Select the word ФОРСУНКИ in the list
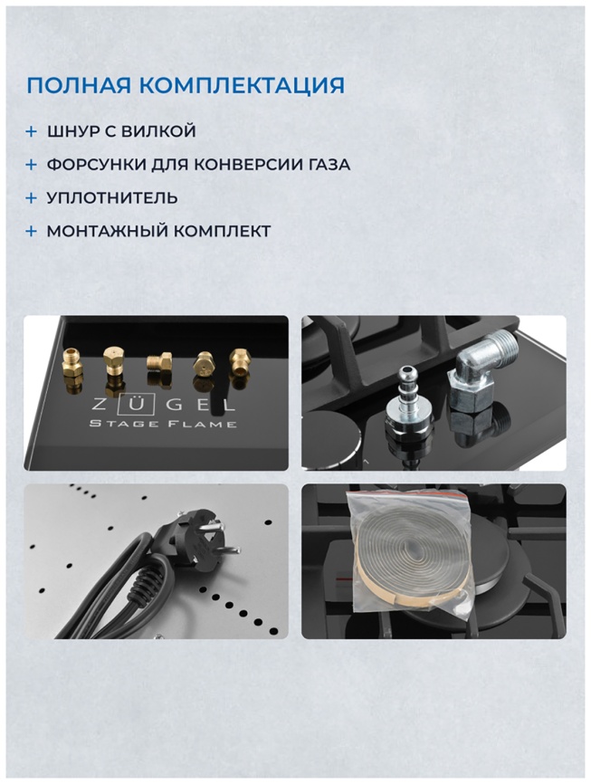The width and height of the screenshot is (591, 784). [x=82, y=165]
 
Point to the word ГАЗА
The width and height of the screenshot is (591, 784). [x=326, y=165]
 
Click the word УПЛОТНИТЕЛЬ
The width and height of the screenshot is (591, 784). [x=112, y=197]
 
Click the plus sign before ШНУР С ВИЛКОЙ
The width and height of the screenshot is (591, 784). [x=31, y=131]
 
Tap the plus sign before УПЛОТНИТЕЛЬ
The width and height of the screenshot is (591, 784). [x=31, y=197]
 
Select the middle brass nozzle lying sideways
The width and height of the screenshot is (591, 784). [x=159, y=362]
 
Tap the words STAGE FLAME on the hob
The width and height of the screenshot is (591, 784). [x=163, y=424]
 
